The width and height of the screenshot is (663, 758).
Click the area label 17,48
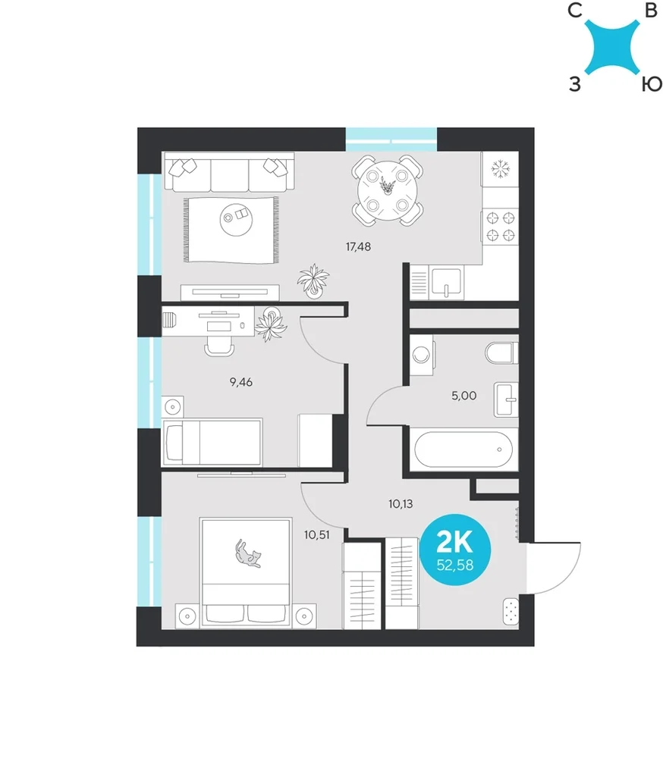(358, 247)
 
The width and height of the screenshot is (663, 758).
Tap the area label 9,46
(241, 382)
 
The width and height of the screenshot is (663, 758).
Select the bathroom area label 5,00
(463, 396)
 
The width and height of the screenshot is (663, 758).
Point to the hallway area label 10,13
(401, 504)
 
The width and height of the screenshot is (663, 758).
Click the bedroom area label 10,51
(317, 535)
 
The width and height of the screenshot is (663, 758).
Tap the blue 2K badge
(455, 550)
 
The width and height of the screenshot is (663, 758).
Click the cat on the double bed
(248, 554)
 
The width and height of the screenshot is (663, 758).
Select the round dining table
(387, 191)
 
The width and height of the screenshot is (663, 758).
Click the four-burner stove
(501, 227)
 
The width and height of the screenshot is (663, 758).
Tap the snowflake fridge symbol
(501, 169)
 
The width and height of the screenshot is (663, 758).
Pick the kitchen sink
(447, 283)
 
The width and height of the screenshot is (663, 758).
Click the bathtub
(463, 449)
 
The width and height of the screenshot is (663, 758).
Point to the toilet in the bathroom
(501, 353)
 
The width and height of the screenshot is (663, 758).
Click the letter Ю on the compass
(652, 85)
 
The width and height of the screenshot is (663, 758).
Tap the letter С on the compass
(575, 10)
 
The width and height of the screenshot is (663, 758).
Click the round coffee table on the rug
(236, 220)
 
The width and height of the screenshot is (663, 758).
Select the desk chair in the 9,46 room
(219, 346)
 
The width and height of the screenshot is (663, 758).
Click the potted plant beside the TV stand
(313, 281)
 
